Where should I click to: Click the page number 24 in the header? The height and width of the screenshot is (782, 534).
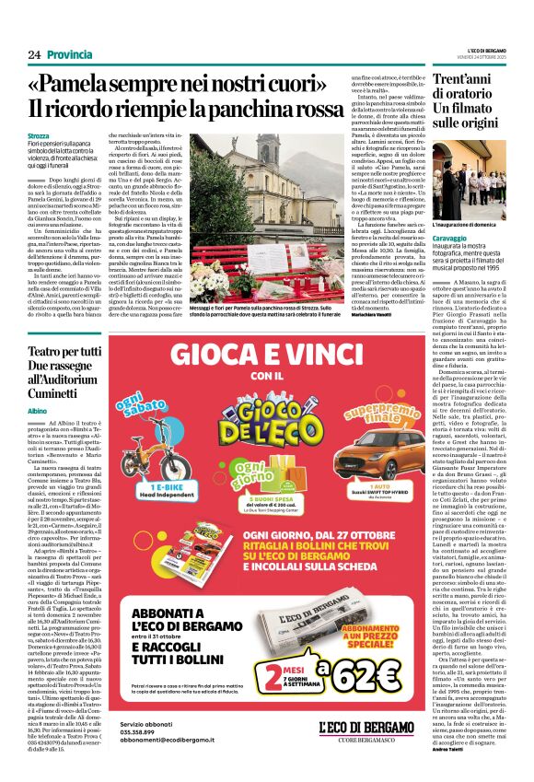pos(34,55)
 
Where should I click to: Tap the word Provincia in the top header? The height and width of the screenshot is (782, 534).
pos(69,55)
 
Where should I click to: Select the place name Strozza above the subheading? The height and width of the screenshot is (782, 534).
pos(41,136)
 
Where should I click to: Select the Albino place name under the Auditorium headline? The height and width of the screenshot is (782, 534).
pos(38,409)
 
